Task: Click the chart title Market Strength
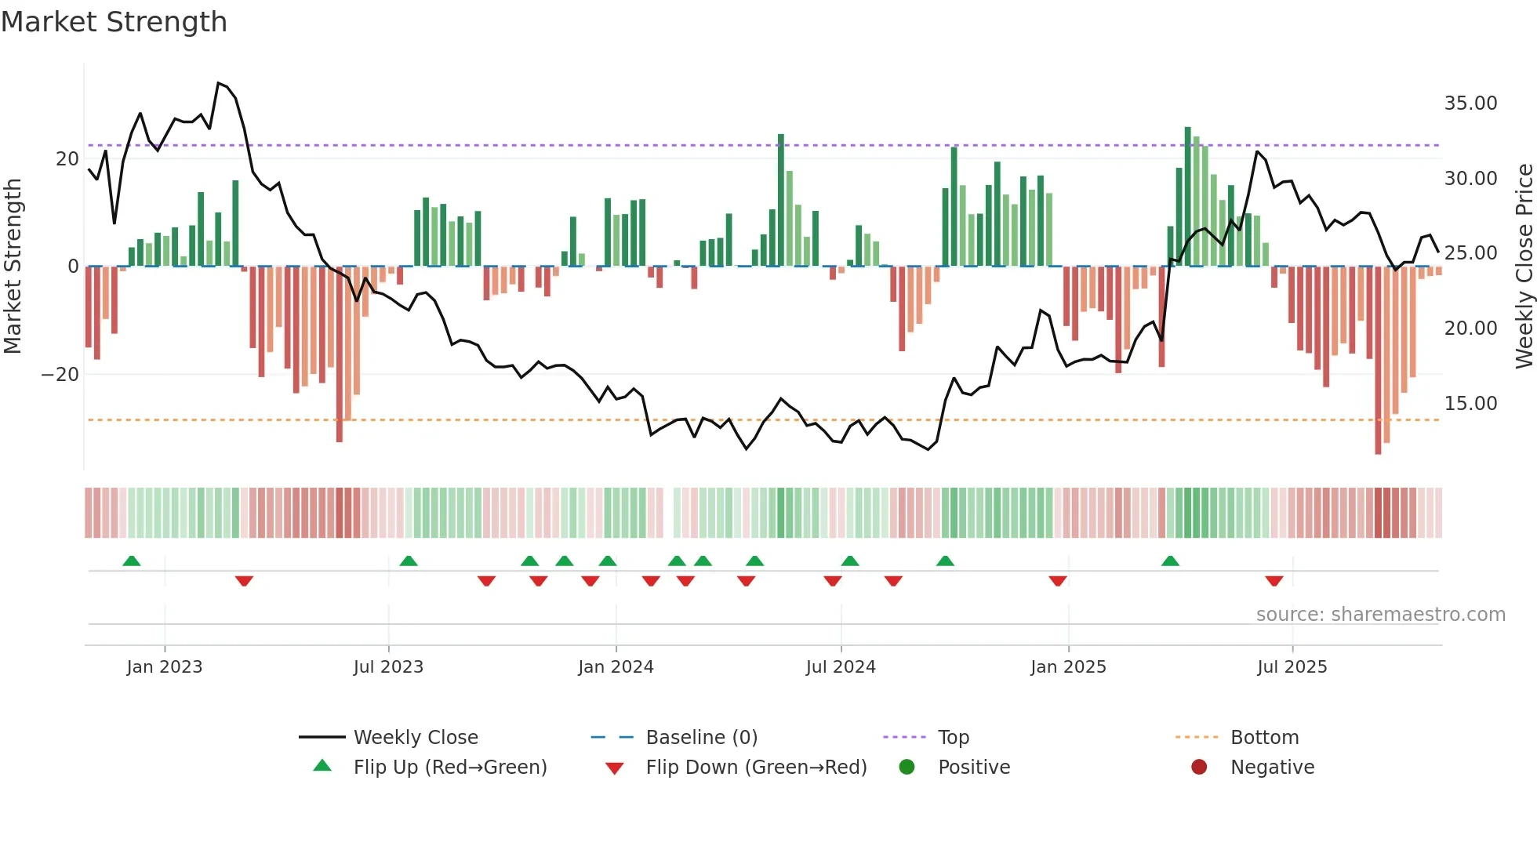[114, 22]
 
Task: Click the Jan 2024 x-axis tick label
[616, 667]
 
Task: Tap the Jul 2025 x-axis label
[1292, 667]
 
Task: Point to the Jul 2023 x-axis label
[388, 667]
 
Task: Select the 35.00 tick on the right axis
[1470, 103]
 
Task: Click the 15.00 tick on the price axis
[1470, 404]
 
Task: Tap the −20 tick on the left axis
[60, 375]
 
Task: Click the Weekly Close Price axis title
[1524, 266]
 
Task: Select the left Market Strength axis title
[13, 266]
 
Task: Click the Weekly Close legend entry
[415, 738]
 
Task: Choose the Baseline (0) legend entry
[701, 738]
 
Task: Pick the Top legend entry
[953, 738]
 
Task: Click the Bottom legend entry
[1263, 738]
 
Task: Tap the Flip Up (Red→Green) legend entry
[449, 768]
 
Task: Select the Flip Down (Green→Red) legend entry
[755, 768]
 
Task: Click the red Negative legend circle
[1199, 768]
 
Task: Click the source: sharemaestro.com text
[1380, 615]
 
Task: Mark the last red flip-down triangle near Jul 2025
[1274, 581]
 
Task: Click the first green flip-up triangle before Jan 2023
[132, 561]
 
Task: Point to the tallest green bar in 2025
[1187, 196]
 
